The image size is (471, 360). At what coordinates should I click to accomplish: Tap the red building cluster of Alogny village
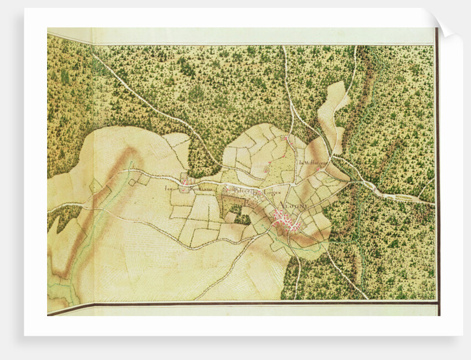click(x=285, y=222)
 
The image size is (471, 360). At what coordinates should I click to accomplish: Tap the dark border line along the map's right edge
click(x=437, y=166)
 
